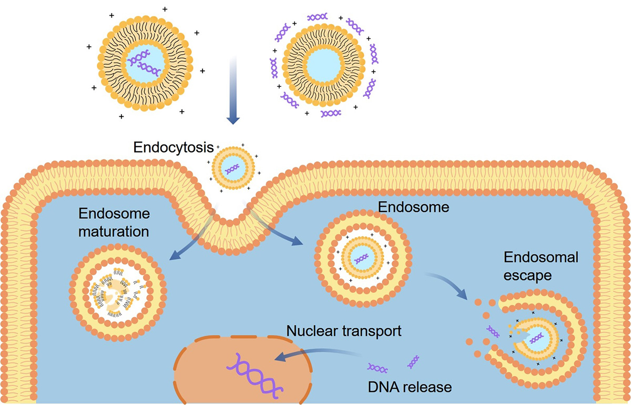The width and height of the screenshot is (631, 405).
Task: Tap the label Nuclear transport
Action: point(344,331)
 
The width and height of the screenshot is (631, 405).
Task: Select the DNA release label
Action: point(410,387)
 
